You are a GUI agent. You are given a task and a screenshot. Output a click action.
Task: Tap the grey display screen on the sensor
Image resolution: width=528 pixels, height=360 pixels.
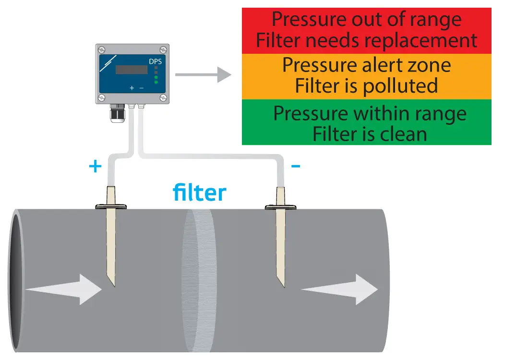click(x=131, y=70)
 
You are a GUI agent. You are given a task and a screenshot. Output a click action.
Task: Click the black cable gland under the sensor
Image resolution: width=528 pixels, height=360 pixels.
click(x=117, y=114)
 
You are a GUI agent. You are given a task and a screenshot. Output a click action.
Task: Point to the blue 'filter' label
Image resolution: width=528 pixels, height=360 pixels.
click(x=199, y=193)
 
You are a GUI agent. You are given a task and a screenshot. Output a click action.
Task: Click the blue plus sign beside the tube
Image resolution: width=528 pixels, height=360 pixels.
click(x=96, y=167)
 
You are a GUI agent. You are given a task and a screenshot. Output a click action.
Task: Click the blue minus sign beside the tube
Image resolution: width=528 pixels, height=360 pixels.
click(x=296, y=167)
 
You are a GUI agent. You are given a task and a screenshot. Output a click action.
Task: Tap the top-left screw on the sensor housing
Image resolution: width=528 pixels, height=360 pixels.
click(x=102, y=50)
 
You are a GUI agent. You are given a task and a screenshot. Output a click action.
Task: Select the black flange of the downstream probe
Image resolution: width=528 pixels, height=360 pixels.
click(x=281, y=207)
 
